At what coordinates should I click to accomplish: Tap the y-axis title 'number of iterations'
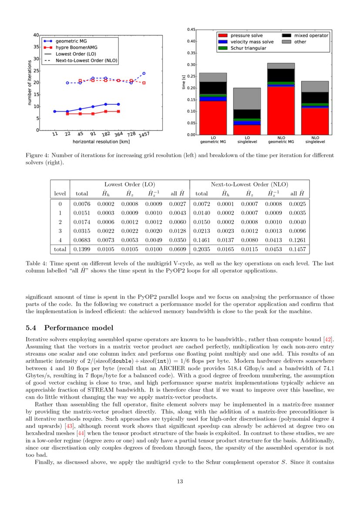[x=30, y=82]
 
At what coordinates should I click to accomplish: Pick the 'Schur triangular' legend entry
[x=248, y=48]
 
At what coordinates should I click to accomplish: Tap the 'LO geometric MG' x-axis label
[x=212, y=139]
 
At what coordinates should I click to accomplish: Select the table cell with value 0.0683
[x=82, y=239]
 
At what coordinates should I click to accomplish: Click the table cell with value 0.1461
[x=202, y=239]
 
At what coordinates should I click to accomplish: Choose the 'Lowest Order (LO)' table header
[x=130, y=185]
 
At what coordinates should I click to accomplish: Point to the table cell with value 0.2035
[x=202, y=249]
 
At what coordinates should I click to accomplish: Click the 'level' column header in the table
[x=60, y=193]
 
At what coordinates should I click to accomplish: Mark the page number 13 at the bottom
[x=180, y=481]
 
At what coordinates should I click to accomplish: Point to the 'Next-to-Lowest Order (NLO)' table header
[x=249, y=185]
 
